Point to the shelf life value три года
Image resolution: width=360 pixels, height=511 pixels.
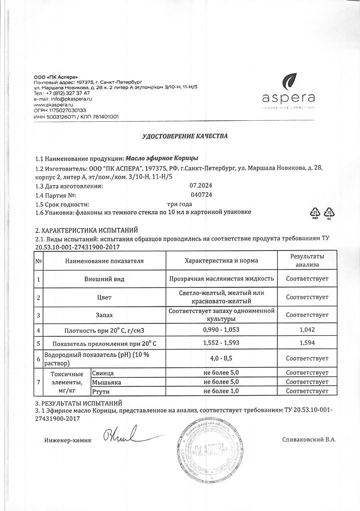(x=180, y=204)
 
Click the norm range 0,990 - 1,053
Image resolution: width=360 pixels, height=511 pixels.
(x=221, y=330)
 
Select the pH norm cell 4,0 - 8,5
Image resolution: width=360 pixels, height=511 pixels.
(x=221, y=358)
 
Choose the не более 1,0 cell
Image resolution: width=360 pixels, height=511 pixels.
(x=221, y=391)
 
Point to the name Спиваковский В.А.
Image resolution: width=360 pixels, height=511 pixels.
(x=309, y=439)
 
